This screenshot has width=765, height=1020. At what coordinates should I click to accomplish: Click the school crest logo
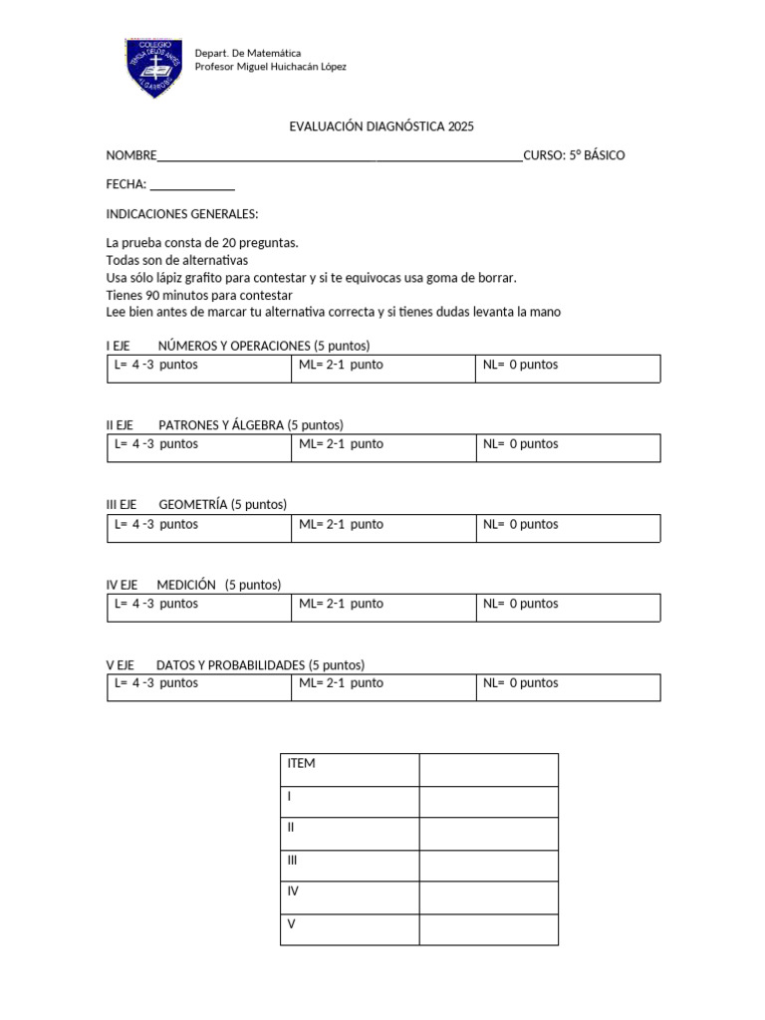coord(153,68)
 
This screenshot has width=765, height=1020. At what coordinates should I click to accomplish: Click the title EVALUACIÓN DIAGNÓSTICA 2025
coord(382,127)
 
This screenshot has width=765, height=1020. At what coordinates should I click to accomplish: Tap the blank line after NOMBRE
coord(340,155)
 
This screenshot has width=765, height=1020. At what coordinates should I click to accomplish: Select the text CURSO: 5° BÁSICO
coord(574,155)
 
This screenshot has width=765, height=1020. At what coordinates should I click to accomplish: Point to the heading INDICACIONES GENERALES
coord(182,214)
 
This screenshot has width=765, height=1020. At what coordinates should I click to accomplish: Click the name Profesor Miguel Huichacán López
coord(271,67)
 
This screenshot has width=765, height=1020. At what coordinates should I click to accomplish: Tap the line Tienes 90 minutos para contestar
coord(199,295)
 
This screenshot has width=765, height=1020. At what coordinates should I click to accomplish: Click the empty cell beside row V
coord(488,928)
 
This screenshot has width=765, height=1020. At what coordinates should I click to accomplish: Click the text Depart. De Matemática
coord(248,52)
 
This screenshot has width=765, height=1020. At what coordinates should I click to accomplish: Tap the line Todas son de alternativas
coord(176,260)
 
